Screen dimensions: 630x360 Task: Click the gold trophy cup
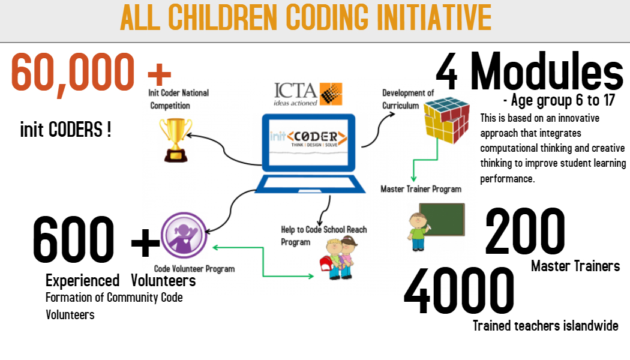(x=176, y=140)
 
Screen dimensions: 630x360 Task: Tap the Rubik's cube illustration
(x=447, y=120)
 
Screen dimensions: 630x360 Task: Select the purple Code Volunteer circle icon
(x=184, y=235)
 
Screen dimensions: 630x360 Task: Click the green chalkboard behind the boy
(x=442, y=220)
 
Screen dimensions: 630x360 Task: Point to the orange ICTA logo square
(x=331, y=94)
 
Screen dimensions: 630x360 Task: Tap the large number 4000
(x=459, y=290)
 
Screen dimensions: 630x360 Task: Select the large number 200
(x=525, y=231)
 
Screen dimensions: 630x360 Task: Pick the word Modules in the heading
(x=547, y=71)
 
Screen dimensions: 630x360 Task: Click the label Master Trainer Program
(x=421, y=189)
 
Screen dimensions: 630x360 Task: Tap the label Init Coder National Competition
(x=178, y=99)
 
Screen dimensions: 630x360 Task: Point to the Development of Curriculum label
(x=408, y=99)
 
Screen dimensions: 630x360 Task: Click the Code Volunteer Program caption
(x=194, y=269)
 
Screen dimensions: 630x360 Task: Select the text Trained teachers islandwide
(x=545, y=325)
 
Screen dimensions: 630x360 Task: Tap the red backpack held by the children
(x=326, y=264)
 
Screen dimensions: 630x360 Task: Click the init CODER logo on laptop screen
(x=308, y=138)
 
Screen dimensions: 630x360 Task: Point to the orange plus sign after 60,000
(x=160, y=74)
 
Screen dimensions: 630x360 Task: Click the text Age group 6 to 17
(x=559, y=100)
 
